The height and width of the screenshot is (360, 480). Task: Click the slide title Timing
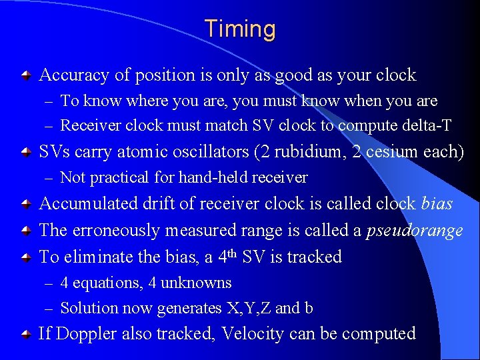pyautogui.click(x=240, y=29)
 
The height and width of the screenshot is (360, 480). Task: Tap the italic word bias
pyautogui.click(x=437, y=203)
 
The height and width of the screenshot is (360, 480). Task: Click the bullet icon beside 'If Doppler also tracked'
pyautogui.click(x=25, y=335)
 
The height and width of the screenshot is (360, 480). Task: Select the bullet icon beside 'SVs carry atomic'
pyautogui.click(x=25, y=153)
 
